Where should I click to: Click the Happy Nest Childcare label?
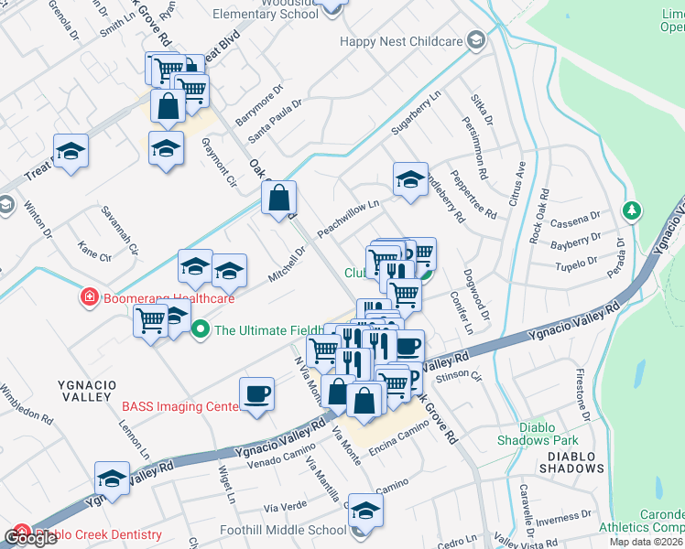point(401,41)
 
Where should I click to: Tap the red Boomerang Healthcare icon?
point(89,297)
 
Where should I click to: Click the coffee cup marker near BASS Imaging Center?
point(257,394)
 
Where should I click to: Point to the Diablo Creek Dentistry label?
point(99,534)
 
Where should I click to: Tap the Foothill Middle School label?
point(283,530)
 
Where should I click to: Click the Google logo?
point(30,538)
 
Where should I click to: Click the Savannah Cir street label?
point(120,230)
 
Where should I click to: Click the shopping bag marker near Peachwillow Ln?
point(278,198)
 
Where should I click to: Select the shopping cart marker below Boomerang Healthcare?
point(150,321)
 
